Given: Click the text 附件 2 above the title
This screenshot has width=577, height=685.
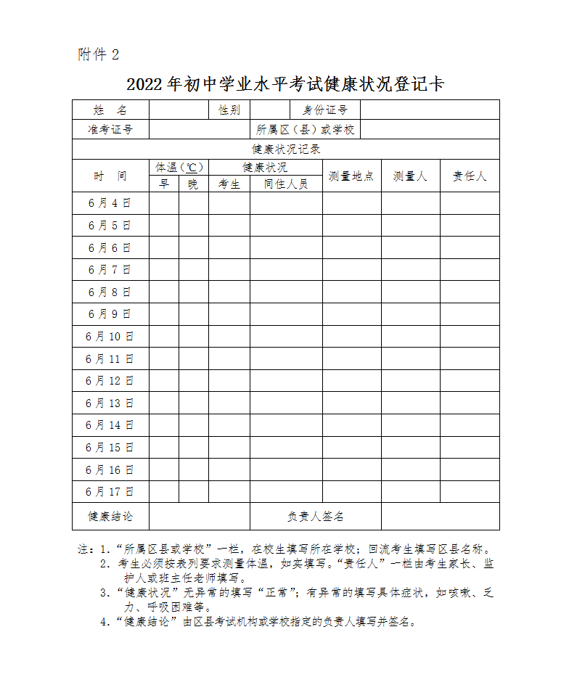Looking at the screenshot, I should click(x=98, y=54).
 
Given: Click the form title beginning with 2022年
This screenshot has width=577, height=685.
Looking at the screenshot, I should click(x=285, y=83).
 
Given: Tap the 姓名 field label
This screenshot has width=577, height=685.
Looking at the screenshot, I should click(x=110, y=110).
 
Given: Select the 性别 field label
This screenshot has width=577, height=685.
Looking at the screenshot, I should click(x=229, y=110).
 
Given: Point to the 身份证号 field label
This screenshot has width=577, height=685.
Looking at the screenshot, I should click(x=325, y=110).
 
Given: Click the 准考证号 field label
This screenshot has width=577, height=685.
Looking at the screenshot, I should click(x=110, y=130).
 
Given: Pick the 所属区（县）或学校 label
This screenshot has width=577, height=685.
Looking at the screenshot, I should click(x=305, y=130).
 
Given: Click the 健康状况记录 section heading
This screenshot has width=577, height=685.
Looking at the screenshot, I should click(x=286, y=149).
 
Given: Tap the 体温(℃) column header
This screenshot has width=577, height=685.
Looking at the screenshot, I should click(x=179, y=168).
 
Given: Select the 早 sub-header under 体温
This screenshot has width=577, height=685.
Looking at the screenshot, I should click(x=164, y=184).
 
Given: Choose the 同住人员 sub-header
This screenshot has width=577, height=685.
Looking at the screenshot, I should click(x=286, y=184).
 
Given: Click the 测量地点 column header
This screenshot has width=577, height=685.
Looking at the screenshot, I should click(x=351, y=176).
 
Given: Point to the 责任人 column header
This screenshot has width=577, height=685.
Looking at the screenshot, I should click(x=470, y=176).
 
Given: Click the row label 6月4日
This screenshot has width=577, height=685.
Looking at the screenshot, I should click(x=110, y=203).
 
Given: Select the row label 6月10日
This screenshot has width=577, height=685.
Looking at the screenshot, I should click(x=110, y=337).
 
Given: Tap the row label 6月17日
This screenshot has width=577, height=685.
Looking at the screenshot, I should click(x=110, y=492).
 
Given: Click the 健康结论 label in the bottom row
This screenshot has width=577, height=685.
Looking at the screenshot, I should click(x=110, y=517).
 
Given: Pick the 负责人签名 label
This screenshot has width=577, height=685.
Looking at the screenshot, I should click(x=315, y=517).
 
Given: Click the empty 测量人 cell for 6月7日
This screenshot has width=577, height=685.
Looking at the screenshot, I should click(x=411, y=270).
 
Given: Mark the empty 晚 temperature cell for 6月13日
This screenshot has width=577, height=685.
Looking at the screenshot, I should click(x=194, y=403).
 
